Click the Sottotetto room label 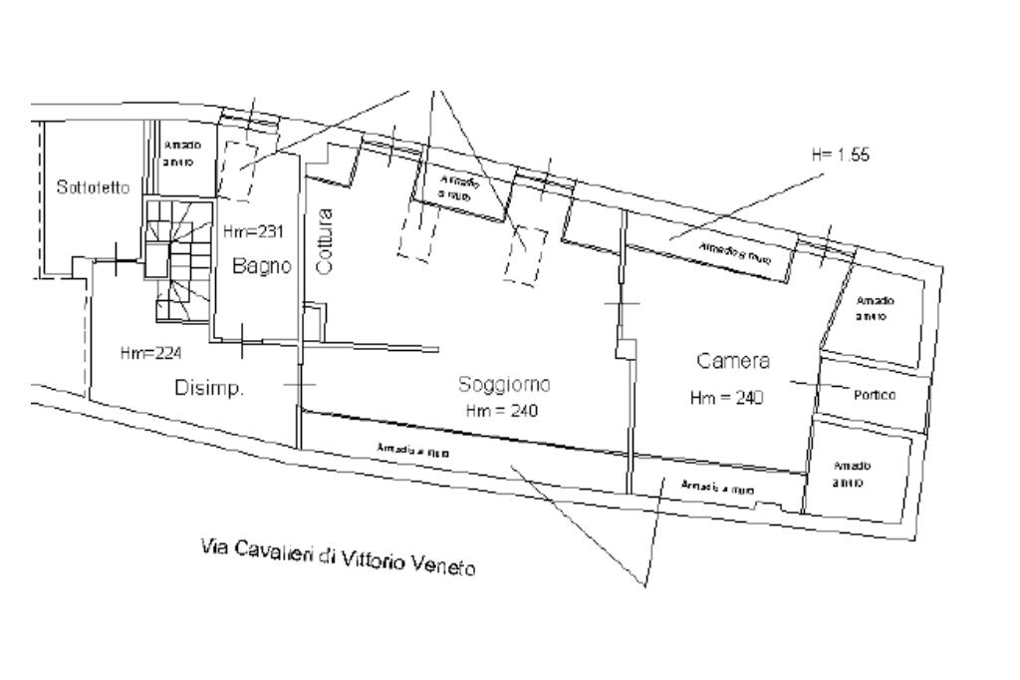pyautogui.click(x=93, y=188)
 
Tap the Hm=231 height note pyautogui.click(x=253, y=232)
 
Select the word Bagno pyautogui.click(x=262, y=266)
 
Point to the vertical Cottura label pyautogui.click(x=324, y=240)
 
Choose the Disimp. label pyautogui.click(x=209, y=389)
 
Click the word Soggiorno pyautogui.click(x=504, y=384)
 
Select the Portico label pyautogui.click(x=875, y=395)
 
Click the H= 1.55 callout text pyautogui.click(x=842, y=156)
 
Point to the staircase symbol pyautogui.click(x=179, y=259)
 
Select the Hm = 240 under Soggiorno pyautogui.click(x=502, y=411)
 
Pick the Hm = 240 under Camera pyautogui.click(x=726, y=398)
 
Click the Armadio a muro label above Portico pyautogui.click(x=874, y=307)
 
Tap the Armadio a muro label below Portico pyautogui.click(x=853, y=474)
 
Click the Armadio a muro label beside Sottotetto pyautogui.click(x=182, y=153)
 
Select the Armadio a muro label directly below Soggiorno pyautogui.click(x=412, y=452)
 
